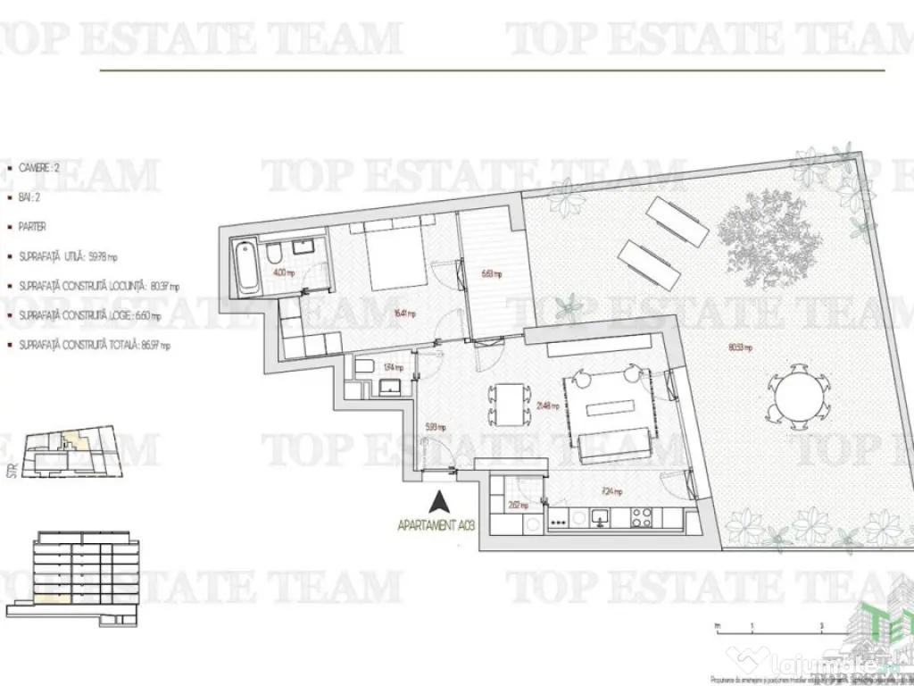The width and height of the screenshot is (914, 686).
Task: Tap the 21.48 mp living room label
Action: [547, 405]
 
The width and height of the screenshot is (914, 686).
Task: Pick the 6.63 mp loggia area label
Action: [491, 274]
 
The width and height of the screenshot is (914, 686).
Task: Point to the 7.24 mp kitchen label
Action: [611, 490]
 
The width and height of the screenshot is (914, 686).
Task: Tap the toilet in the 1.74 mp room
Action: [364, 367]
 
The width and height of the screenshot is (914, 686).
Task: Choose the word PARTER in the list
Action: [32, 227]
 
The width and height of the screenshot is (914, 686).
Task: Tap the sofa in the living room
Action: [614, 444]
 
